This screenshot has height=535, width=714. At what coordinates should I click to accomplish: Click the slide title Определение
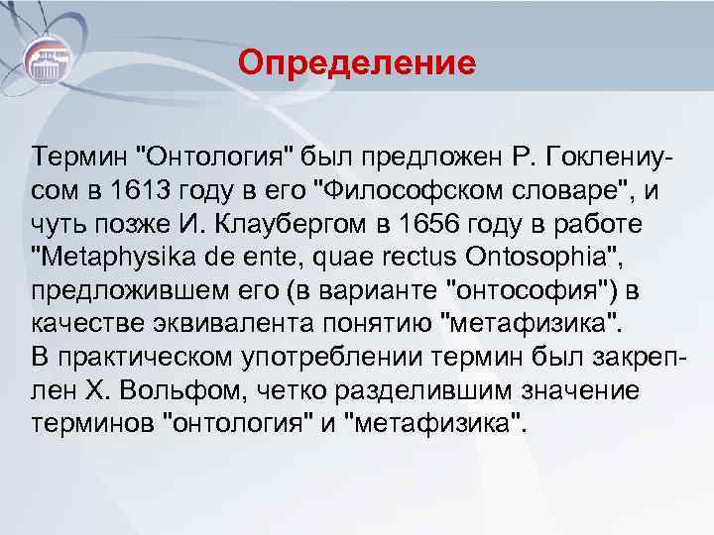coord(357,65)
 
